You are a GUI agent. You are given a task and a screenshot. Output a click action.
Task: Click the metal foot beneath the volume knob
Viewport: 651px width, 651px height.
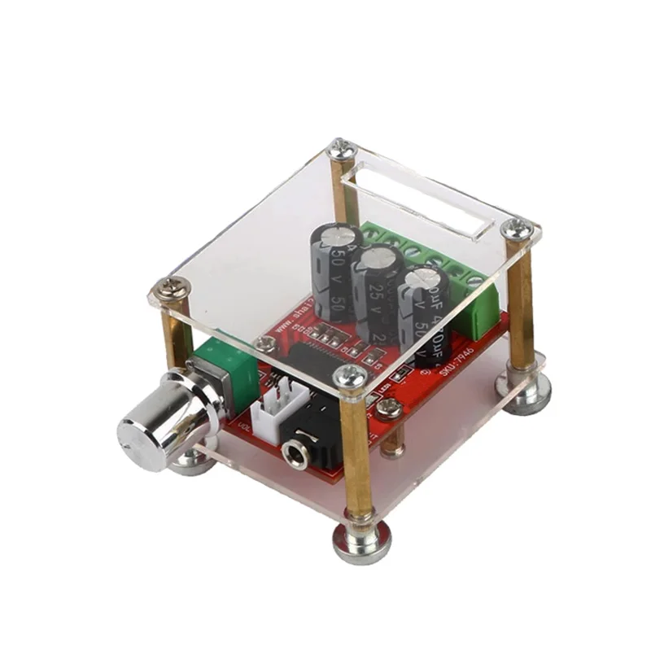pos(192,461)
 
